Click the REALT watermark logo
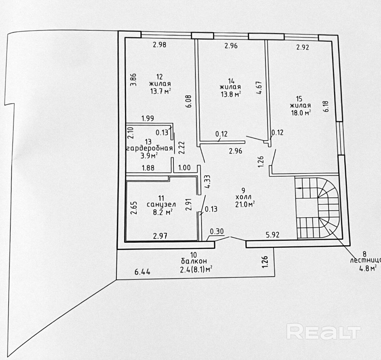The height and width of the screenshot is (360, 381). [324, 332]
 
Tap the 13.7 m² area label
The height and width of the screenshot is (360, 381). [160, 91]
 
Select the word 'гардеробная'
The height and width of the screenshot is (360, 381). [149, 148]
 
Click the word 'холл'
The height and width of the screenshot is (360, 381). [243, 197]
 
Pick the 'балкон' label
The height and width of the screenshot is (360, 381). [194, 261]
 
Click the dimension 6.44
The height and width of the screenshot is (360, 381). [142, 272]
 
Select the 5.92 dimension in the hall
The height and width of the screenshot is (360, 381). [272, 235]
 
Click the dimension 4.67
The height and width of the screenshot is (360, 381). [259, 88]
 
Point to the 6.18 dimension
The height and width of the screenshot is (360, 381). [326, 106]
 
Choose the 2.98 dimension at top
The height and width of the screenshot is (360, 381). [159, 45]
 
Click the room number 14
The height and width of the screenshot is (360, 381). [231, 81]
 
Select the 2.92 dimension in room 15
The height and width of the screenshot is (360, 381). [302, 47]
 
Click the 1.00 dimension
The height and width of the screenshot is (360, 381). [184, 168]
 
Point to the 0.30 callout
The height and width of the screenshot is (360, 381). [217, 231]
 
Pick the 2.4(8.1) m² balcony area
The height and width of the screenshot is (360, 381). [196, 270]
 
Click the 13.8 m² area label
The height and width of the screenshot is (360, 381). [230, 95]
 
